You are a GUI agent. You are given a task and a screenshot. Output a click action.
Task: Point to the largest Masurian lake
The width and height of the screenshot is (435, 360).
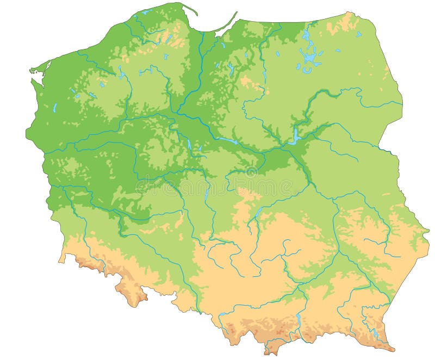(310, 55)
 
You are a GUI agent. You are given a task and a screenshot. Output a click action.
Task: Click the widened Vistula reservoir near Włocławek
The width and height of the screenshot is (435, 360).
(227, 142)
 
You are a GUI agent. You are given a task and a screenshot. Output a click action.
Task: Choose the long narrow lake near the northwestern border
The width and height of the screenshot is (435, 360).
(55, 108)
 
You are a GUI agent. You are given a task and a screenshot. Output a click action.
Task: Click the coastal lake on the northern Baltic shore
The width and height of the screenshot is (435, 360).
(146, 11)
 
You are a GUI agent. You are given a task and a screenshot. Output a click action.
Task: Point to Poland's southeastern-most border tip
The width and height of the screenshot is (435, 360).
(393, 349)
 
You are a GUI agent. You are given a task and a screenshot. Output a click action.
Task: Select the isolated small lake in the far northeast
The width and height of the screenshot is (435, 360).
(359, 35)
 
